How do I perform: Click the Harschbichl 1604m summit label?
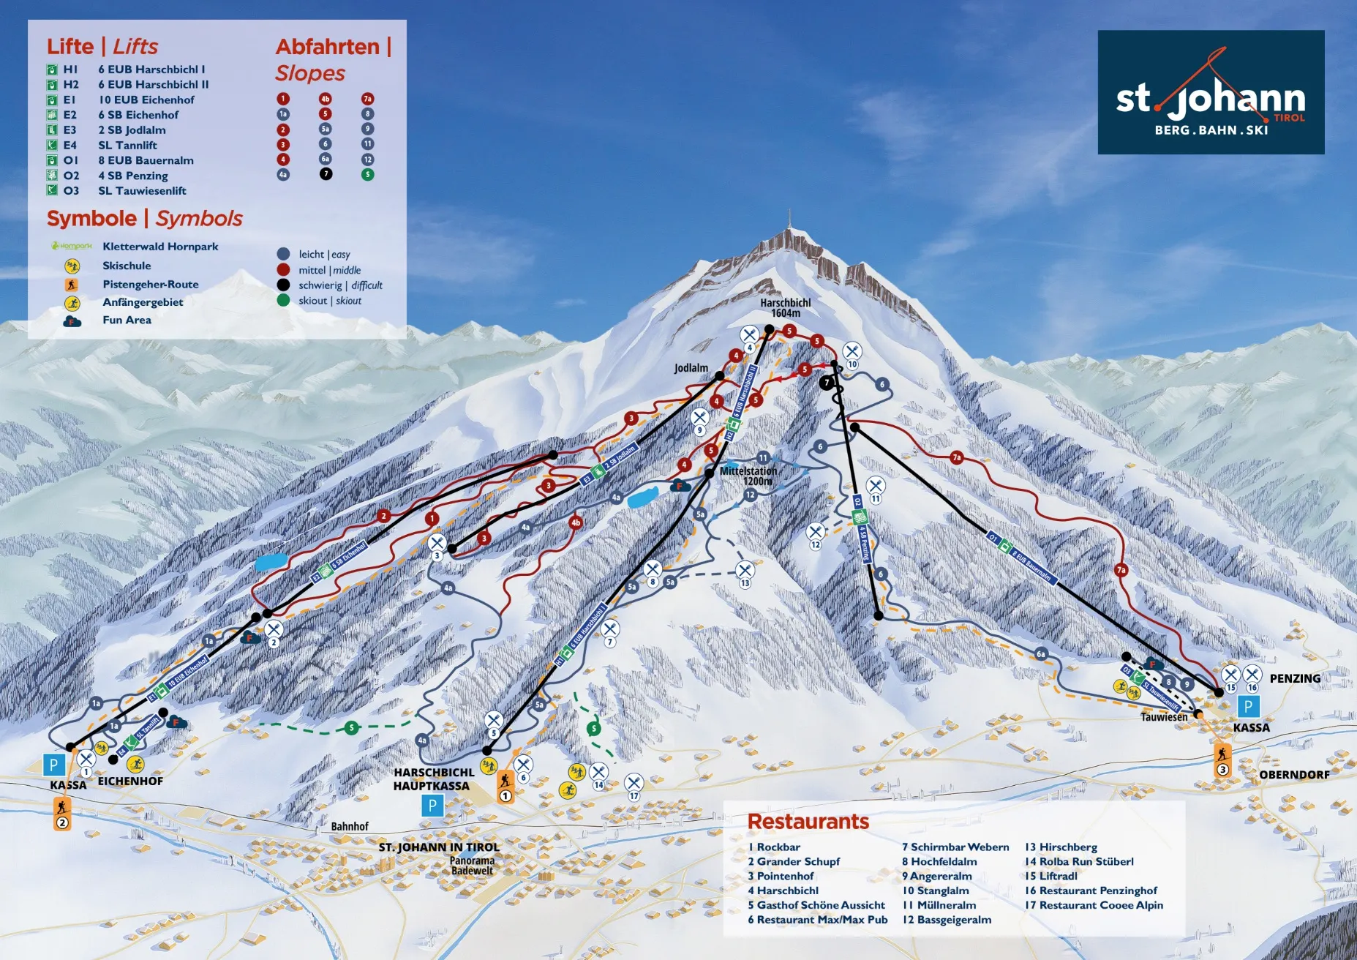point(785,308)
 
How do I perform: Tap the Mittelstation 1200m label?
point(748,476)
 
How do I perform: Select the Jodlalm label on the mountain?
point(691,368)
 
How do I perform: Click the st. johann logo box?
point(1211,92)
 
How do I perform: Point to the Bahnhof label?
point(350,826)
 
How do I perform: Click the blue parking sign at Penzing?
point(1248,707)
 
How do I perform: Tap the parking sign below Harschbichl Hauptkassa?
point(432,806)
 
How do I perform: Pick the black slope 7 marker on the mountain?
point(827,382)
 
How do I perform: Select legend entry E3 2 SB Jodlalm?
point(132,130)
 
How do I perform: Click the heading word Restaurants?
point(808,822)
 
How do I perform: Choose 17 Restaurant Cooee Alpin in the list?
point(1094,905)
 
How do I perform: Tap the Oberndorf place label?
point(1294,774)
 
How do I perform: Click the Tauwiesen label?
point(1164,717)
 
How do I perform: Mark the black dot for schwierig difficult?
point(283,285)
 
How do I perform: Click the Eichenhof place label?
point(130,781)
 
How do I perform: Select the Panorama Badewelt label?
point(472,866)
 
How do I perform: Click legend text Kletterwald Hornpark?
point(160,247)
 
